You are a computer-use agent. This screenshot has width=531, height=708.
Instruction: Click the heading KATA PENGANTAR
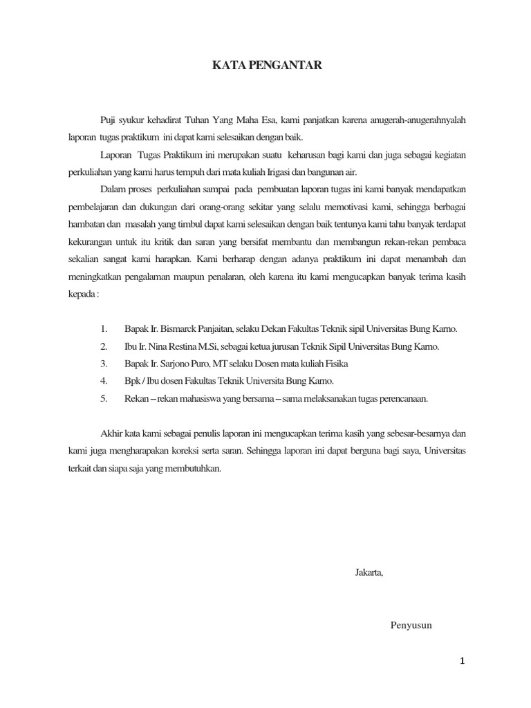tap(265, 66)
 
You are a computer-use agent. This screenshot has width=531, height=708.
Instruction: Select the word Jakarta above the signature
tap(369, 573)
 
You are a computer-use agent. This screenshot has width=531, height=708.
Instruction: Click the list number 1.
tap(104, 328)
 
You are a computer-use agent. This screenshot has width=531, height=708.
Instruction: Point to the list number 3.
tap(104, 363)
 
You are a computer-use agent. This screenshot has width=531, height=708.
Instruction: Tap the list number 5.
tap(104, 398)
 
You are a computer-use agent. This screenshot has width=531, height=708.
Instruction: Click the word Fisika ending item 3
tap(335, 363)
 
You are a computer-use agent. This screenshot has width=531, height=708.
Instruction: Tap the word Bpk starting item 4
tap(132, 381)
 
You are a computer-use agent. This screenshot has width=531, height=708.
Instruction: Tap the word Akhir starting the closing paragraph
tap(112, 434)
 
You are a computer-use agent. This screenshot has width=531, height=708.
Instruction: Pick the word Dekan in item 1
tap(274, 328)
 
